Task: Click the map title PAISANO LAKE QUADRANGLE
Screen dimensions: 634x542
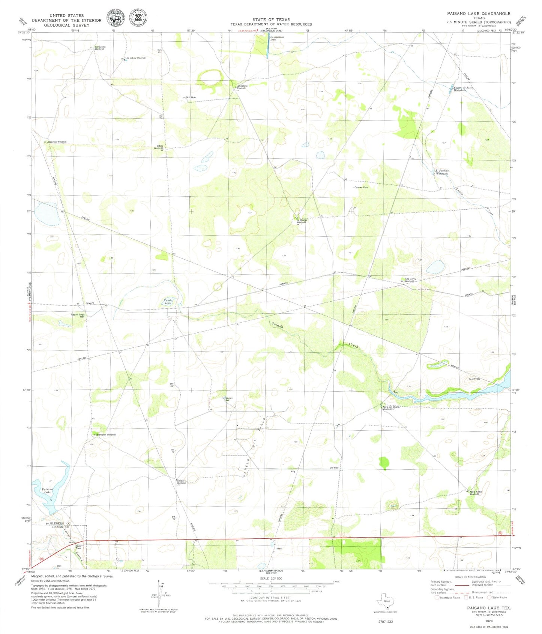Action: pos(478,13)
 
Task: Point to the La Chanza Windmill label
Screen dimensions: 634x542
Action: pos(302,221)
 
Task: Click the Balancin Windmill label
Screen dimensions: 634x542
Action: pos(57,142)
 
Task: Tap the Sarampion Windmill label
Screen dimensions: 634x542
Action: pos(105,434)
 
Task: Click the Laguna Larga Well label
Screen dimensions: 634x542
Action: pos(78,315)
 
